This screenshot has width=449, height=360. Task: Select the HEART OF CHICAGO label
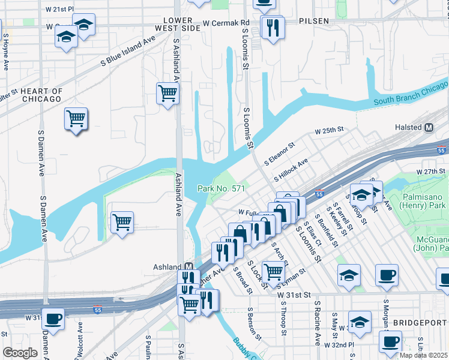(33, 95)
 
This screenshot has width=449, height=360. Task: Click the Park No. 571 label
(221, 188)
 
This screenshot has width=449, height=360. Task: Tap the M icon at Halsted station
(429, 128)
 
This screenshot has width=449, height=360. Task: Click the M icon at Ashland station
(188, 266)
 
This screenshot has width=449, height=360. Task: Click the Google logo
(19, 353)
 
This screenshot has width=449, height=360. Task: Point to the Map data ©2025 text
(423, 355)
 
